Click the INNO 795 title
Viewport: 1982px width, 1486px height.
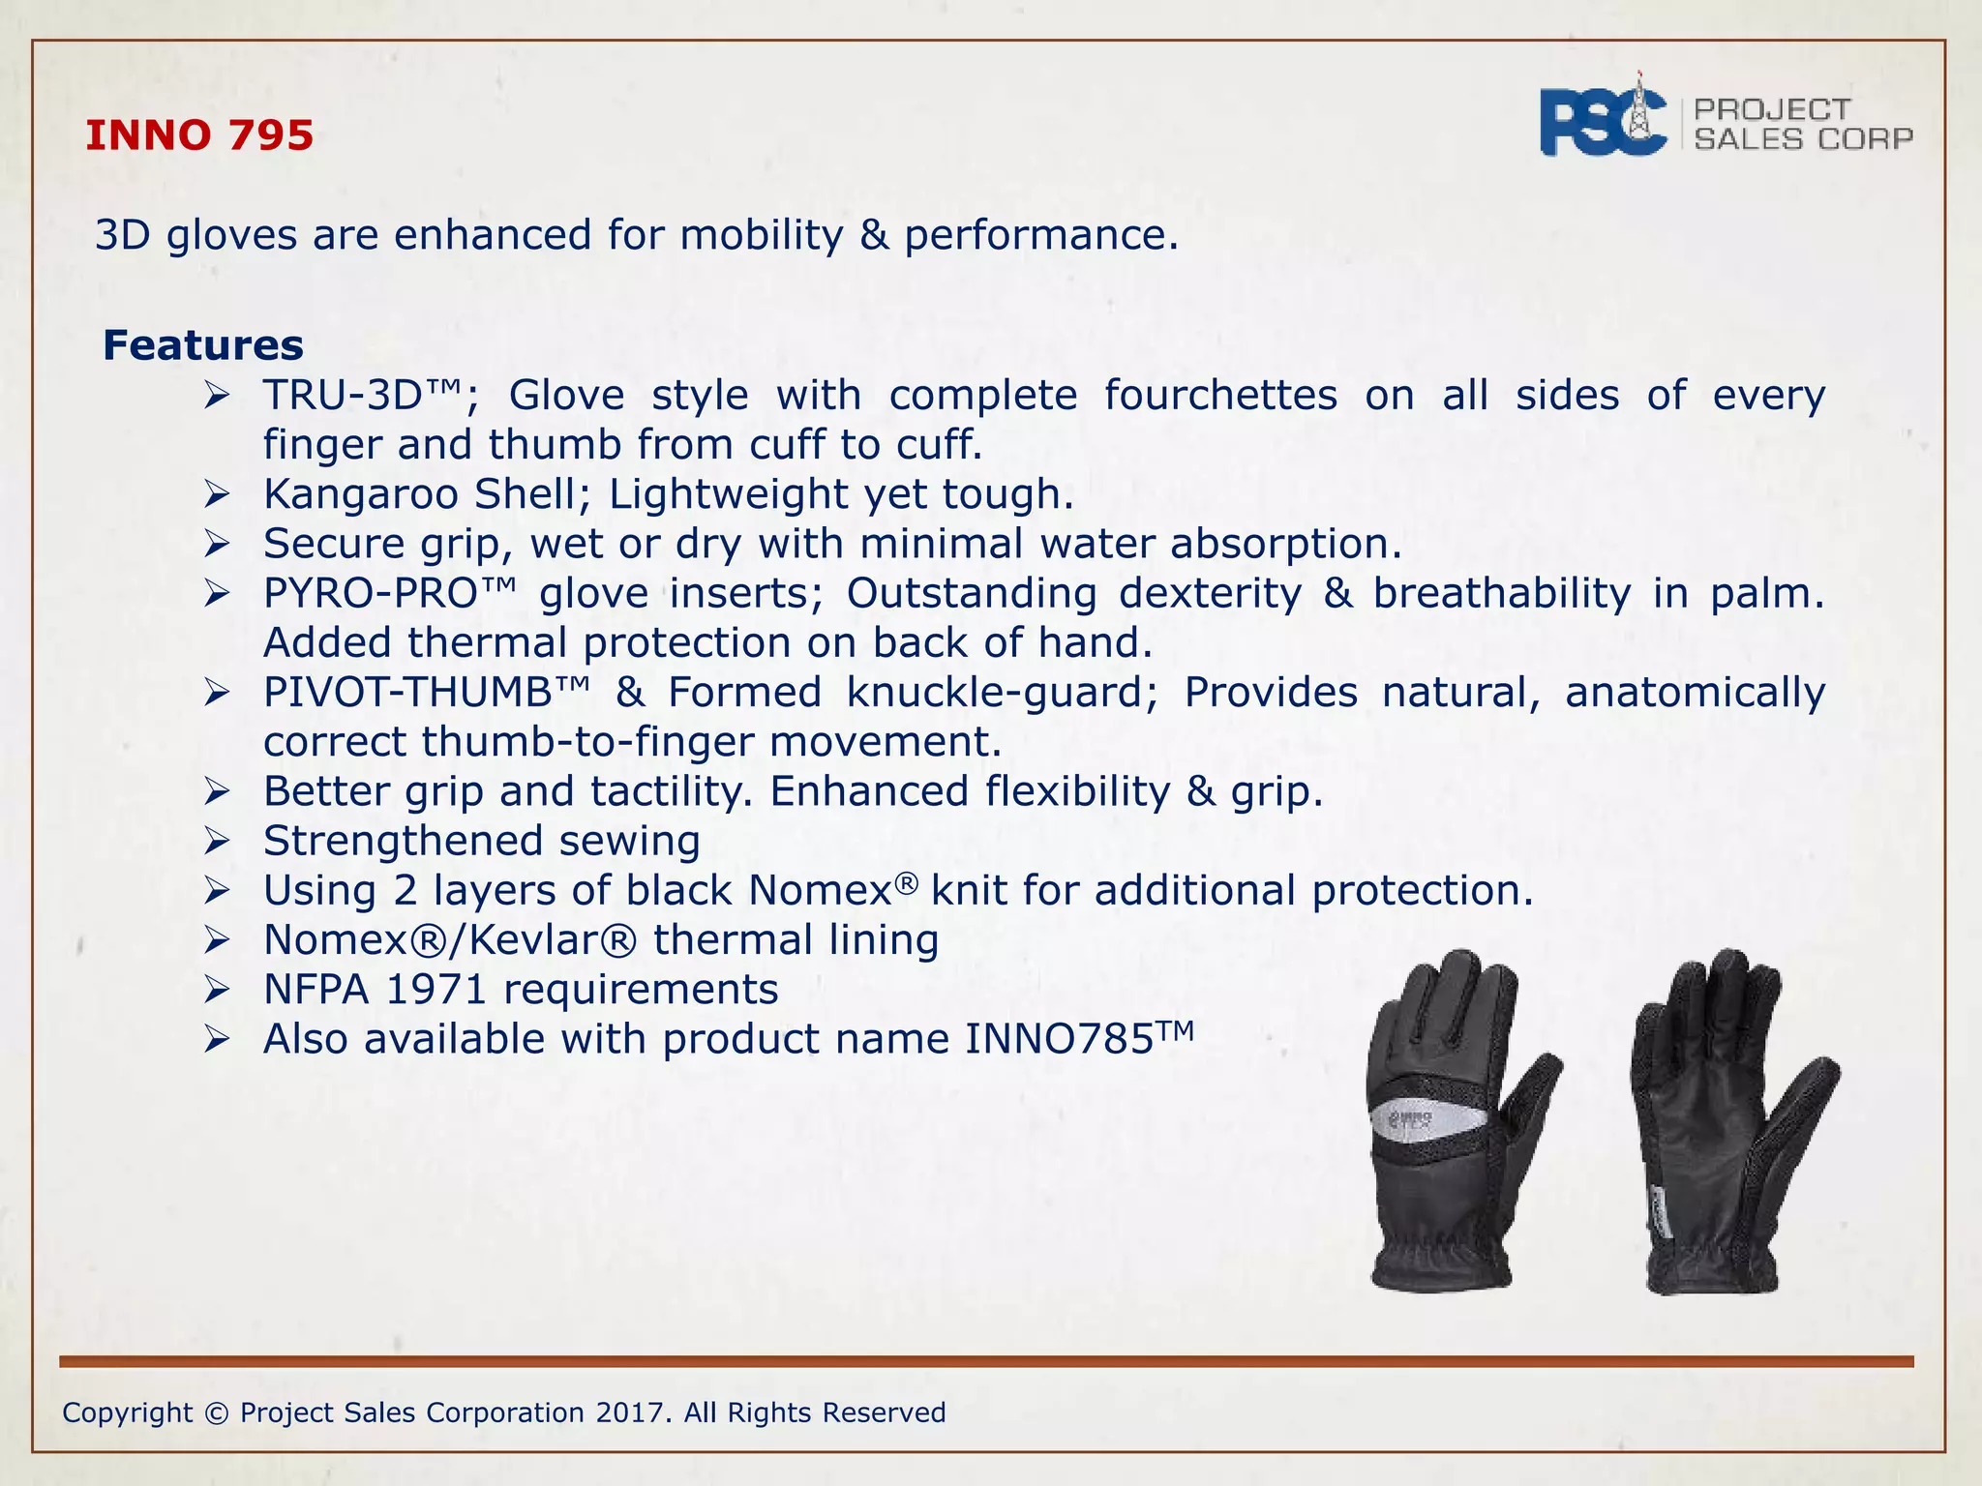click(199, 135)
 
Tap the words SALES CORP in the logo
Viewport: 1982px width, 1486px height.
click(1803, 139)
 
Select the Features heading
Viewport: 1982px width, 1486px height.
click(203, 345)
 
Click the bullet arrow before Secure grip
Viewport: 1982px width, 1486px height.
click(216, 546)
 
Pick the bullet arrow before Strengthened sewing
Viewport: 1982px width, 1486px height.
click(216, 843)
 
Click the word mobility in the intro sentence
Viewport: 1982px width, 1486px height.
click(762, 235)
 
